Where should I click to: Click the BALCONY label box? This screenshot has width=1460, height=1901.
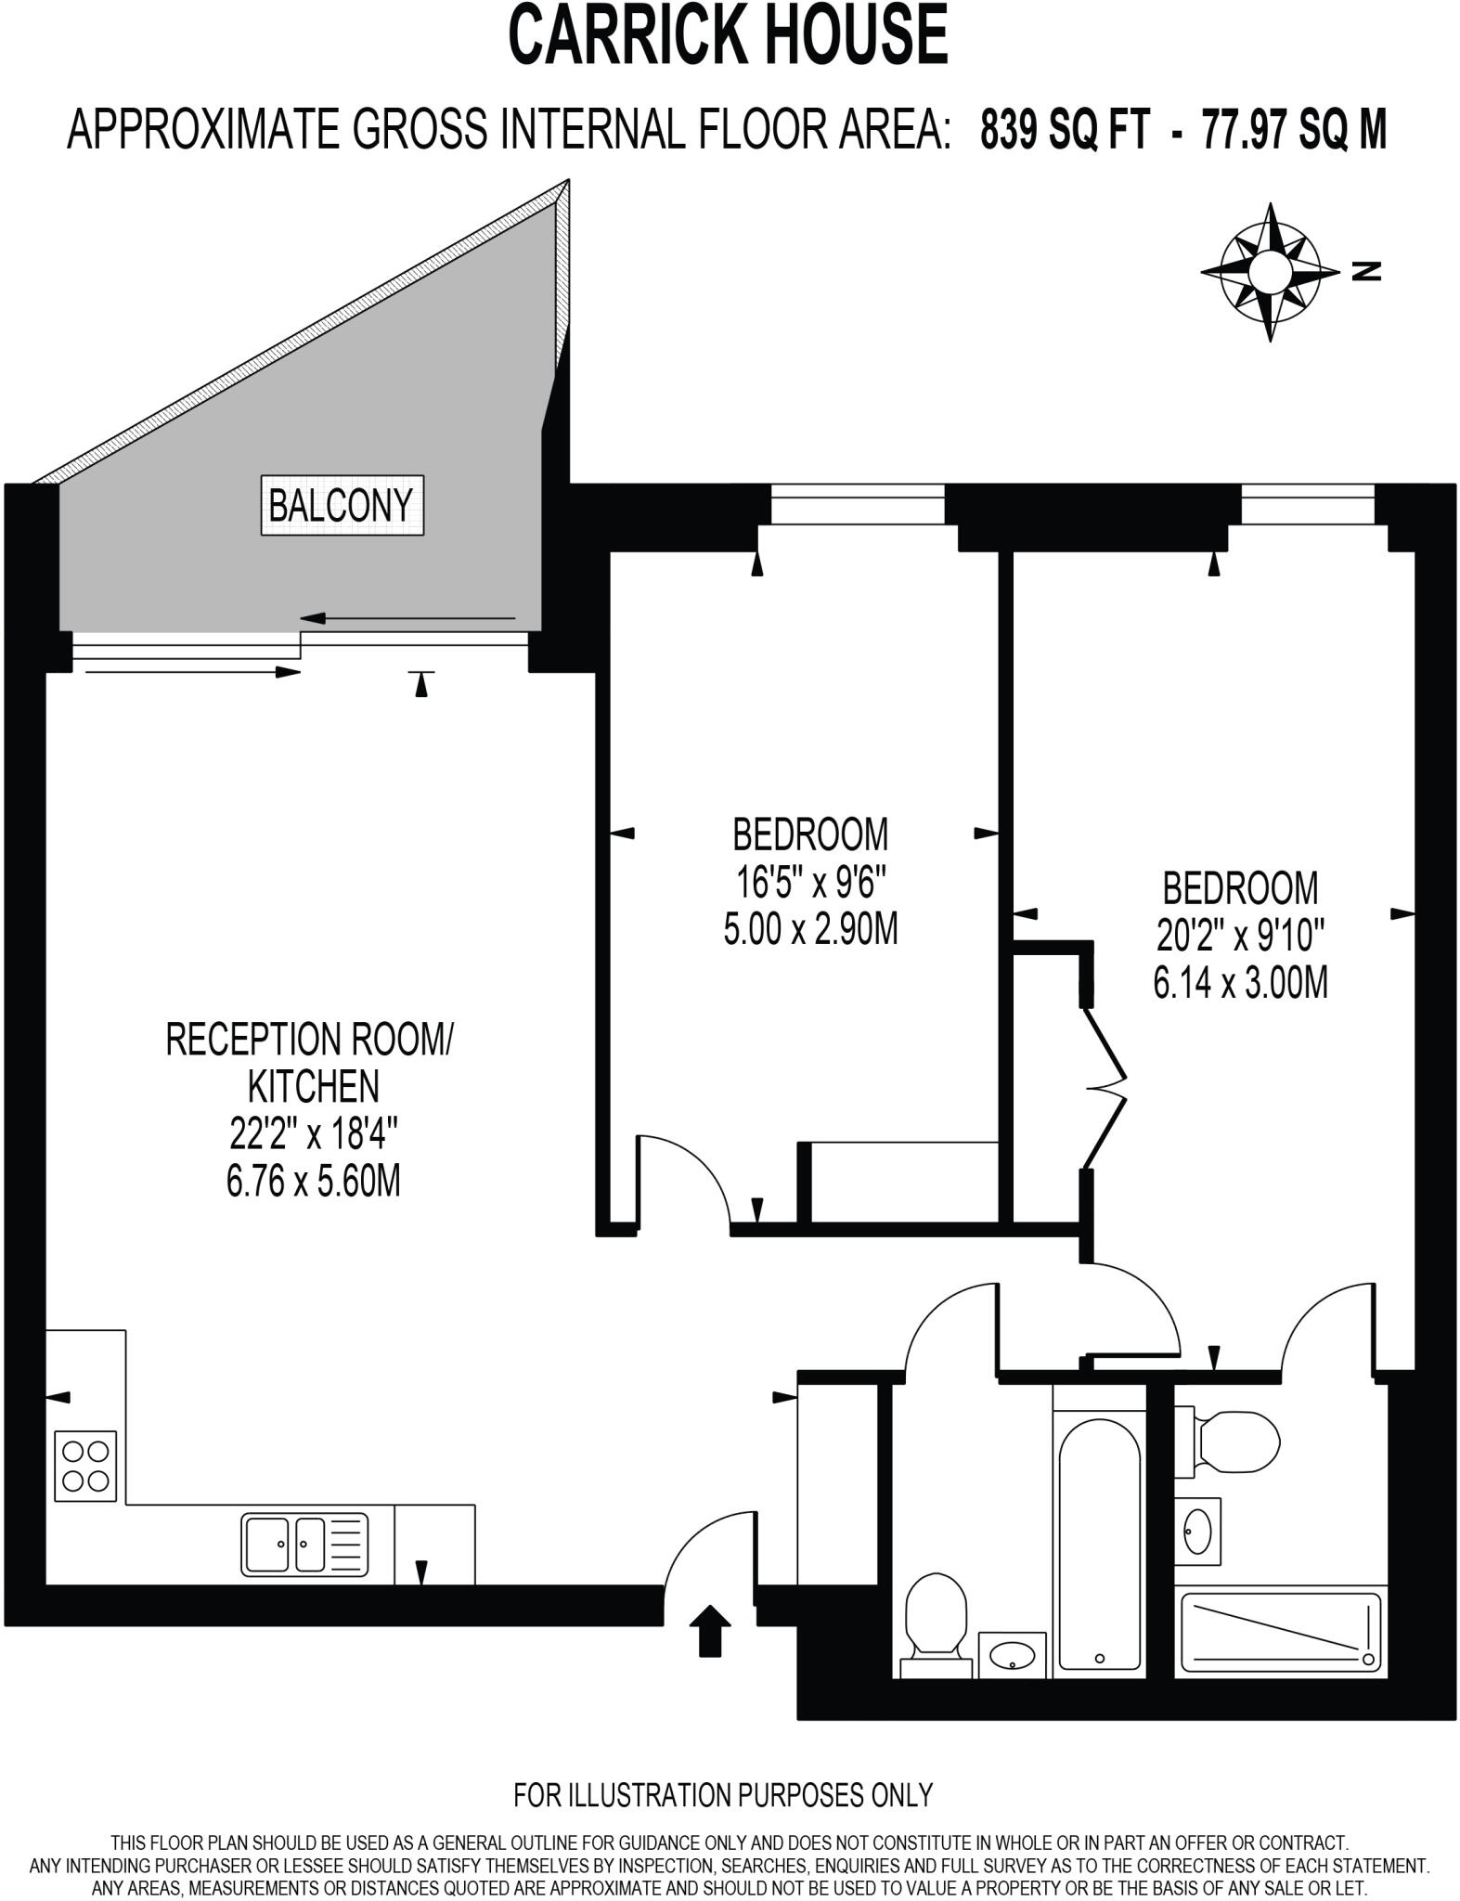(342, 506)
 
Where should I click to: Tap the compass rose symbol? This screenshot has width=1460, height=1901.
(1270, 272)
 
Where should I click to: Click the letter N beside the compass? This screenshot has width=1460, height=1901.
(1366, 272)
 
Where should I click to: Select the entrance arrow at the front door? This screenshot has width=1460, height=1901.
(710, 1630)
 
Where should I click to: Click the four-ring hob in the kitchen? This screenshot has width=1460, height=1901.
(85, 1466)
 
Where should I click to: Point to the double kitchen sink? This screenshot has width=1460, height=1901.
(304, 1544)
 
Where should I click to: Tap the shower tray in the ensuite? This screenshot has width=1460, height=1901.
(1279, 1633)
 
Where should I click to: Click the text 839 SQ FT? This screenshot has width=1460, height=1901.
(1065, 129)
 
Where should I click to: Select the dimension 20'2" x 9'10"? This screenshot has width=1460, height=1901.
(1240, 936)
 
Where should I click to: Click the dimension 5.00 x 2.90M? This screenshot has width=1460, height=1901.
(810, 928)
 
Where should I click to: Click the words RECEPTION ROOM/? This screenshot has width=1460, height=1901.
(309, 1040)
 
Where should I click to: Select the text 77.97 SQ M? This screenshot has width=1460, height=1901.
(1294, 129)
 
